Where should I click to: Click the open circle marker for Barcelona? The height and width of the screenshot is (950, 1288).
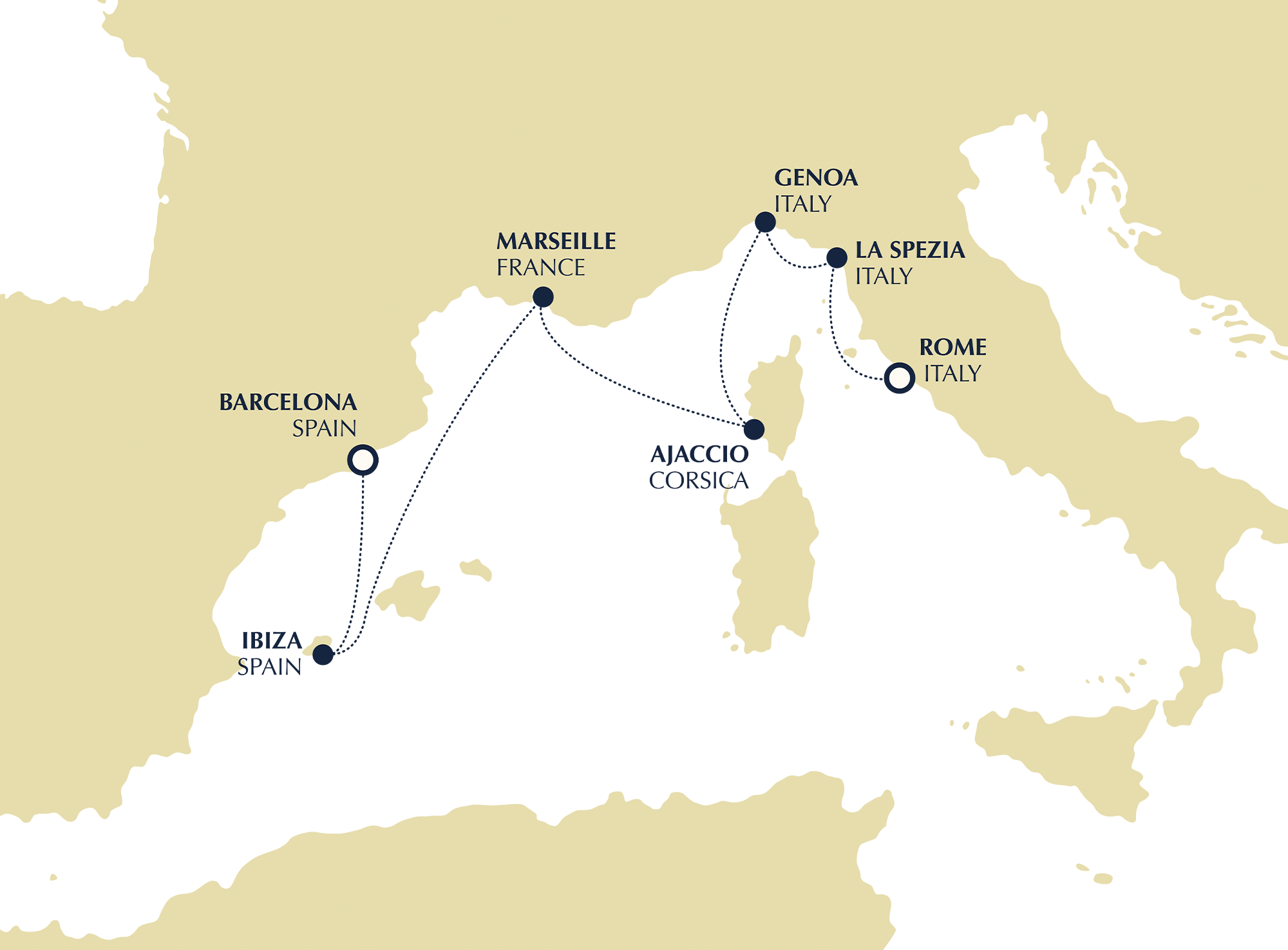pos(363,460)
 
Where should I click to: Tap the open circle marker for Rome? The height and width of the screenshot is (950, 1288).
pos(899,378)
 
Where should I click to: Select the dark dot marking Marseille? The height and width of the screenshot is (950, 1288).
pos(543,297)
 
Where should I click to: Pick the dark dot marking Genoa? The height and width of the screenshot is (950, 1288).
pos(765,222)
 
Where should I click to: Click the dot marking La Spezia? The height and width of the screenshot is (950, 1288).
pos(837,257)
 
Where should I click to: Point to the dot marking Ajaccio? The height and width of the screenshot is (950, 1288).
pos(754,429)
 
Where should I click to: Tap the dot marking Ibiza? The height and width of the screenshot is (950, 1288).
pos(323,655)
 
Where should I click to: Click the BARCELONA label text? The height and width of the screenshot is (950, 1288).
pos(288,402)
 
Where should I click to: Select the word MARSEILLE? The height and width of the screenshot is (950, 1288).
pos(556,241)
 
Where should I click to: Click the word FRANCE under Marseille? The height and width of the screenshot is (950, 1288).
pos(540,268)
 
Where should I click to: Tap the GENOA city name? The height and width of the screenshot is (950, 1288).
pos(815,178)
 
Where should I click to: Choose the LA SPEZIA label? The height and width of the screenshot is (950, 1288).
pos(909,250)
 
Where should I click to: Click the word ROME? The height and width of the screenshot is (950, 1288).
pos(952,348)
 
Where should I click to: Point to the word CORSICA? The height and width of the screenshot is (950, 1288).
pos(699,481)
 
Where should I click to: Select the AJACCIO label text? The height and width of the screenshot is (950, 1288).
pos(699,454)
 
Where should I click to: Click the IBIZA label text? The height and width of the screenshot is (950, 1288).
pos(272,641)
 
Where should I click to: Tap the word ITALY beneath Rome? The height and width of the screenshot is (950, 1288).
pos(952,374)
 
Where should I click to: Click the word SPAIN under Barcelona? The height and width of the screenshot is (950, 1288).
pos(324,429)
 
